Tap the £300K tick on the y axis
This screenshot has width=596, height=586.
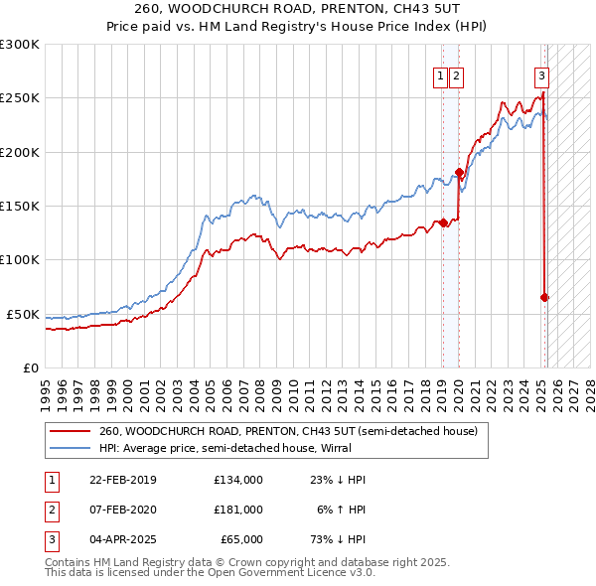20,45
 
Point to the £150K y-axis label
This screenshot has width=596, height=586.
20,206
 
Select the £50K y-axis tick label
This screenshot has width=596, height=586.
23,314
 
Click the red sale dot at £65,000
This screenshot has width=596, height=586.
545,297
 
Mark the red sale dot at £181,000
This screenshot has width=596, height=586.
459,172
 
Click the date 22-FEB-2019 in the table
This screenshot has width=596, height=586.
123,480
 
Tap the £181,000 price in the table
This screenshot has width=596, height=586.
237,510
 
